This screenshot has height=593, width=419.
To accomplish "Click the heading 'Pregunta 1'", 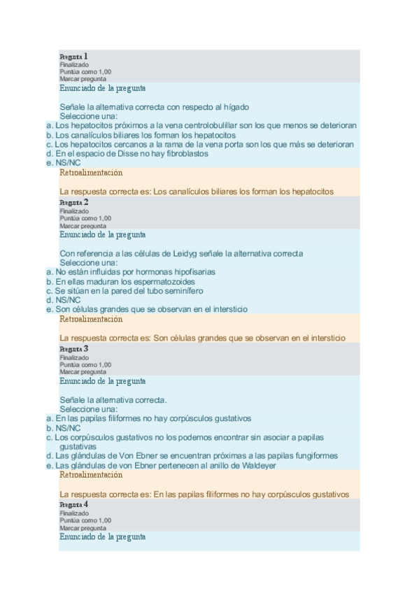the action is coord(73,56).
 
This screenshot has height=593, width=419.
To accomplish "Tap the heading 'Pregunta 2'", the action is coord(73,202).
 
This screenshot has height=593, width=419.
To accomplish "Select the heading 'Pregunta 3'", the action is coord(73,348).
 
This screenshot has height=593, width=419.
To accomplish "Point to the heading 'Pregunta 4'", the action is coord(73,504).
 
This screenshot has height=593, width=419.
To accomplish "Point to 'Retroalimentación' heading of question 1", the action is coord(91,172).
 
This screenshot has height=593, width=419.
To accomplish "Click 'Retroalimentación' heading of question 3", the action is coord(91,475).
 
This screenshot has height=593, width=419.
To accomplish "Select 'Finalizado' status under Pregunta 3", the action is coord(74,357).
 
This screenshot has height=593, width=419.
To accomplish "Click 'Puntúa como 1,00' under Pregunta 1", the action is coord(85,72).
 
